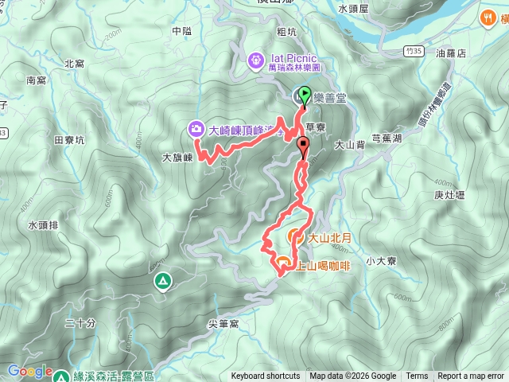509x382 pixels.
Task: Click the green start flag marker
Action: click(305, 95)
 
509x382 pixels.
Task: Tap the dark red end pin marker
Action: click(303, 146)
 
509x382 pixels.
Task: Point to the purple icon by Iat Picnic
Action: click(255, 59)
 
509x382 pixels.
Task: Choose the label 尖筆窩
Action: click(223, 323)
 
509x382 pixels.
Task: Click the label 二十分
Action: click(80, 322)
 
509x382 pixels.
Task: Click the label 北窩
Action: click(74, 64)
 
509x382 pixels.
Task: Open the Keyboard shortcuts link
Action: click(266, 376)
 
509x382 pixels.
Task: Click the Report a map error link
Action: click(470, 376)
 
